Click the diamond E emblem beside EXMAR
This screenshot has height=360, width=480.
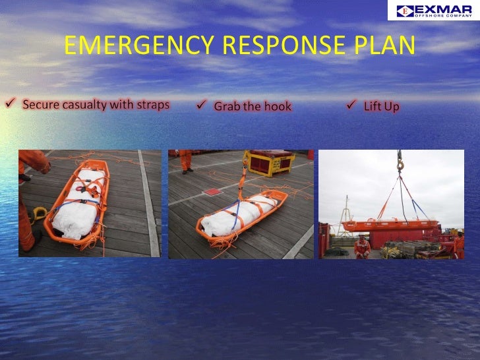406,11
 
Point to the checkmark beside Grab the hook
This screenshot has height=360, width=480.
202,105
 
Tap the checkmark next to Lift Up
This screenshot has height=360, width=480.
351,105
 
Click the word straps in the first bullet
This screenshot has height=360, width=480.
152,105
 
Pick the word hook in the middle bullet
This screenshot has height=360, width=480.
277,106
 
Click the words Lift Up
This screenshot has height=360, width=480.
382,106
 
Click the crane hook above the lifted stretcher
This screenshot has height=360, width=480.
399,165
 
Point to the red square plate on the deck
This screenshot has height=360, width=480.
214,192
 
